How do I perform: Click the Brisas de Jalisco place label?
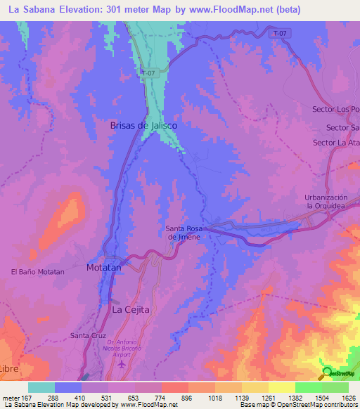(x=143, y=124)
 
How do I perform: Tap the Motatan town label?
(x=104, y=268)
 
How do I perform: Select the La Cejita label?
(x=131, y=309)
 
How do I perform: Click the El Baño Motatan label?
(x=38, y=271)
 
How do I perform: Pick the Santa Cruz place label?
(x=88, y=335)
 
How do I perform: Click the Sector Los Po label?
(x=335, y=109)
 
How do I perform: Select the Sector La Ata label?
(x=335, y=143)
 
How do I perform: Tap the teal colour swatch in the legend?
(x=41, y=387)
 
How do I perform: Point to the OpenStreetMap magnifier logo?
(x=327, y=372)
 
